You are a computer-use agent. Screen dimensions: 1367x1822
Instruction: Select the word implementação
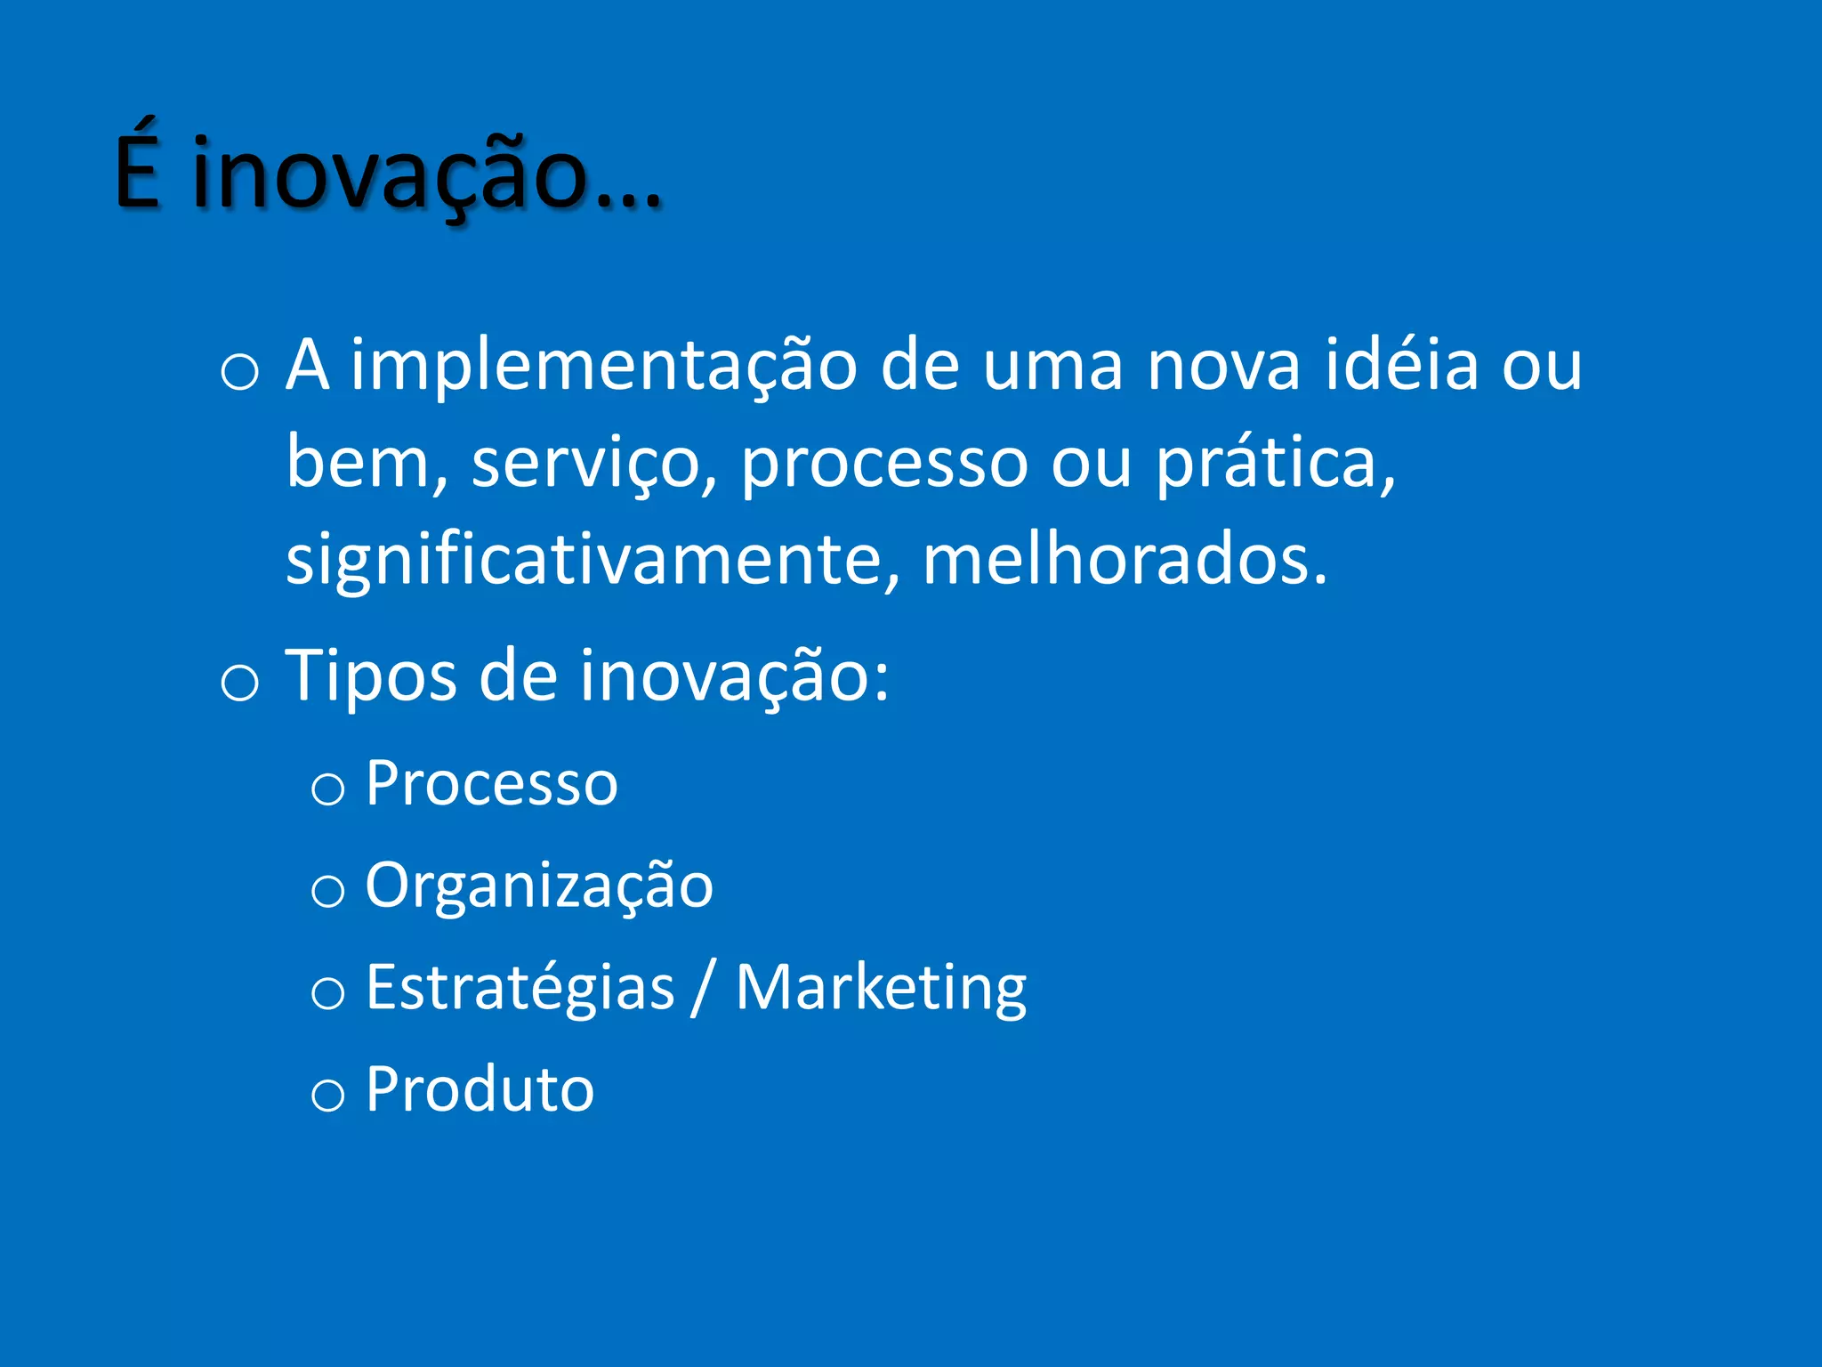pyautogui.click(x=603, y=367)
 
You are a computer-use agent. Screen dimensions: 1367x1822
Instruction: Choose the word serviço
pyautogui.click(x=593, y=465)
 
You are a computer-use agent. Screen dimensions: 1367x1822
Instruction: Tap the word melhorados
pyautogui.click(x=1125, y=561)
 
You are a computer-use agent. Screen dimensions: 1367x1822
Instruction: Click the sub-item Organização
pyautogui.click(x=539, y=886)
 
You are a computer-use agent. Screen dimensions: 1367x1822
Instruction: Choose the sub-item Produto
pyautogui.click(x=480, y=1089)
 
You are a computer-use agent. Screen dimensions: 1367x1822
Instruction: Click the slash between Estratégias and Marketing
pyautogui.click(x=704, y=988)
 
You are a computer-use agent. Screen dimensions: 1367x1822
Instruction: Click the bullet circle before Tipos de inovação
pyautogui.click(x=239, y=683)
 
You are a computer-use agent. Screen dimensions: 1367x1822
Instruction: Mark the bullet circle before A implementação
pyautogui.click(x=239, y=372)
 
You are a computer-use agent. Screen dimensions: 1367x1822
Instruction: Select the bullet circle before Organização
pyautogui.click(x=327, y=891)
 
